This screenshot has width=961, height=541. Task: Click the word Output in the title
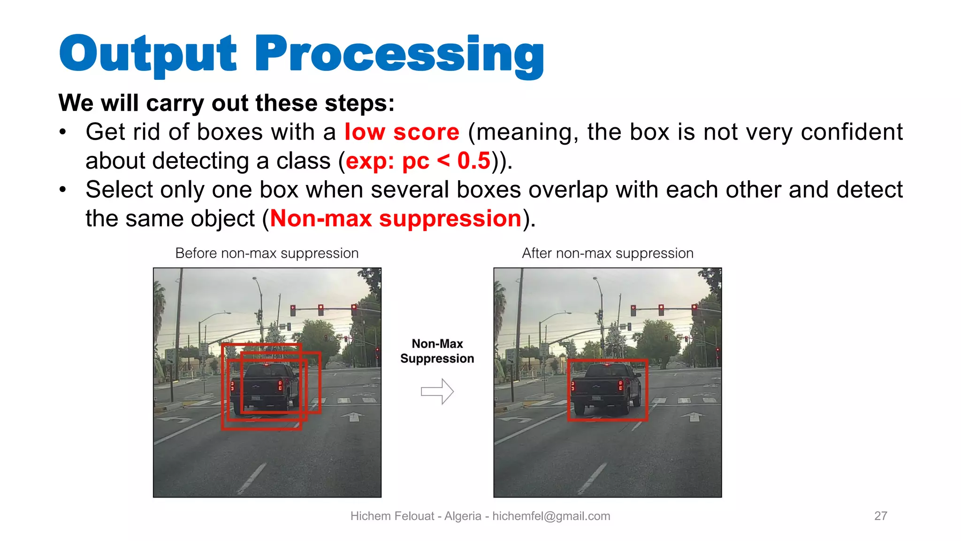pos(148,56)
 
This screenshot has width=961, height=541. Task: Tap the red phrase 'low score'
pos(402,132)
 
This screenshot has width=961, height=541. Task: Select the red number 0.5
pos(474,161)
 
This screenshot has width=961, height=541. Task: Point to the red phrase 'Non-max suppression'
pos(396,219)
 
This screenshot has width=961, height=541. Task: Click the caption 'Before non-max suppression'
pos(267,254)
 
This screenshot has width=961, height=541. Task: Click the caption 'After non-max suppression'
pos(608,254)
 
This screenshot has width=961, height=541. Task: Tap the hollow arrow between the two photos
pos(437,391)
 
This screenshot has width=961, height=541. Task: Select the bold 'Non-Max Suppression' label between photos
pos(437,351)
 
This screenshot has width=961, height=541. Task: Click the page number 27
pos(881,516)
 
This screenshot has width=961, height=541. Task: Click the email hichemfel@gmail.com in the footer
pos(551,517)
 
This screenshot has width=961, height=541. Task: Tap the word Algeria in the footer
pos(463,516)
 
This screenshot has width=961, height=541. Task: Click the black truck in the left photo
pos(265,387)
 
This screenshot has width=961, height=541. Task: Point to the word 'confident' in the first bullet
pos(852,132)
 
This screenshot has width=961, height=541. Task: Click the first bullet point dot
pos(63,132)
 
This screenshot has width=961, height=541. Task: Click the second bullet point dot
pos(63,190)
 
